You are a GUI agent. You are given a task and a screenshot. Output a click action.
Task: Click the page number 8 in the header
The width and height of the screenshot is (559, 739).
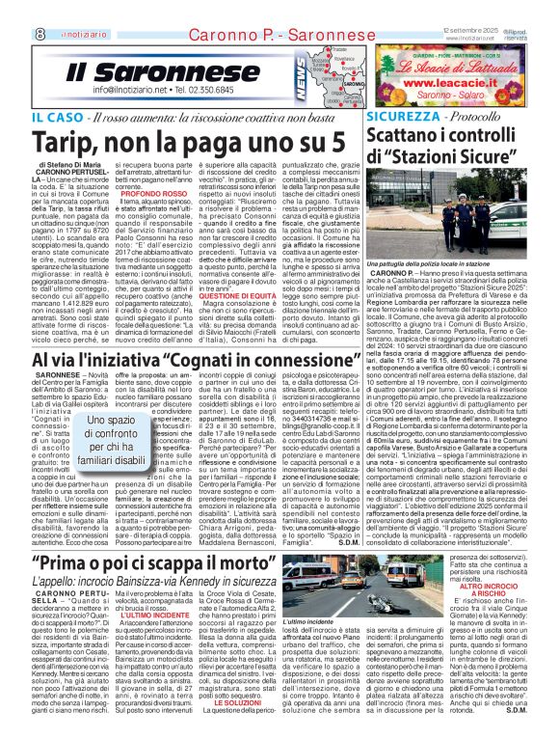(13, 7)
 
